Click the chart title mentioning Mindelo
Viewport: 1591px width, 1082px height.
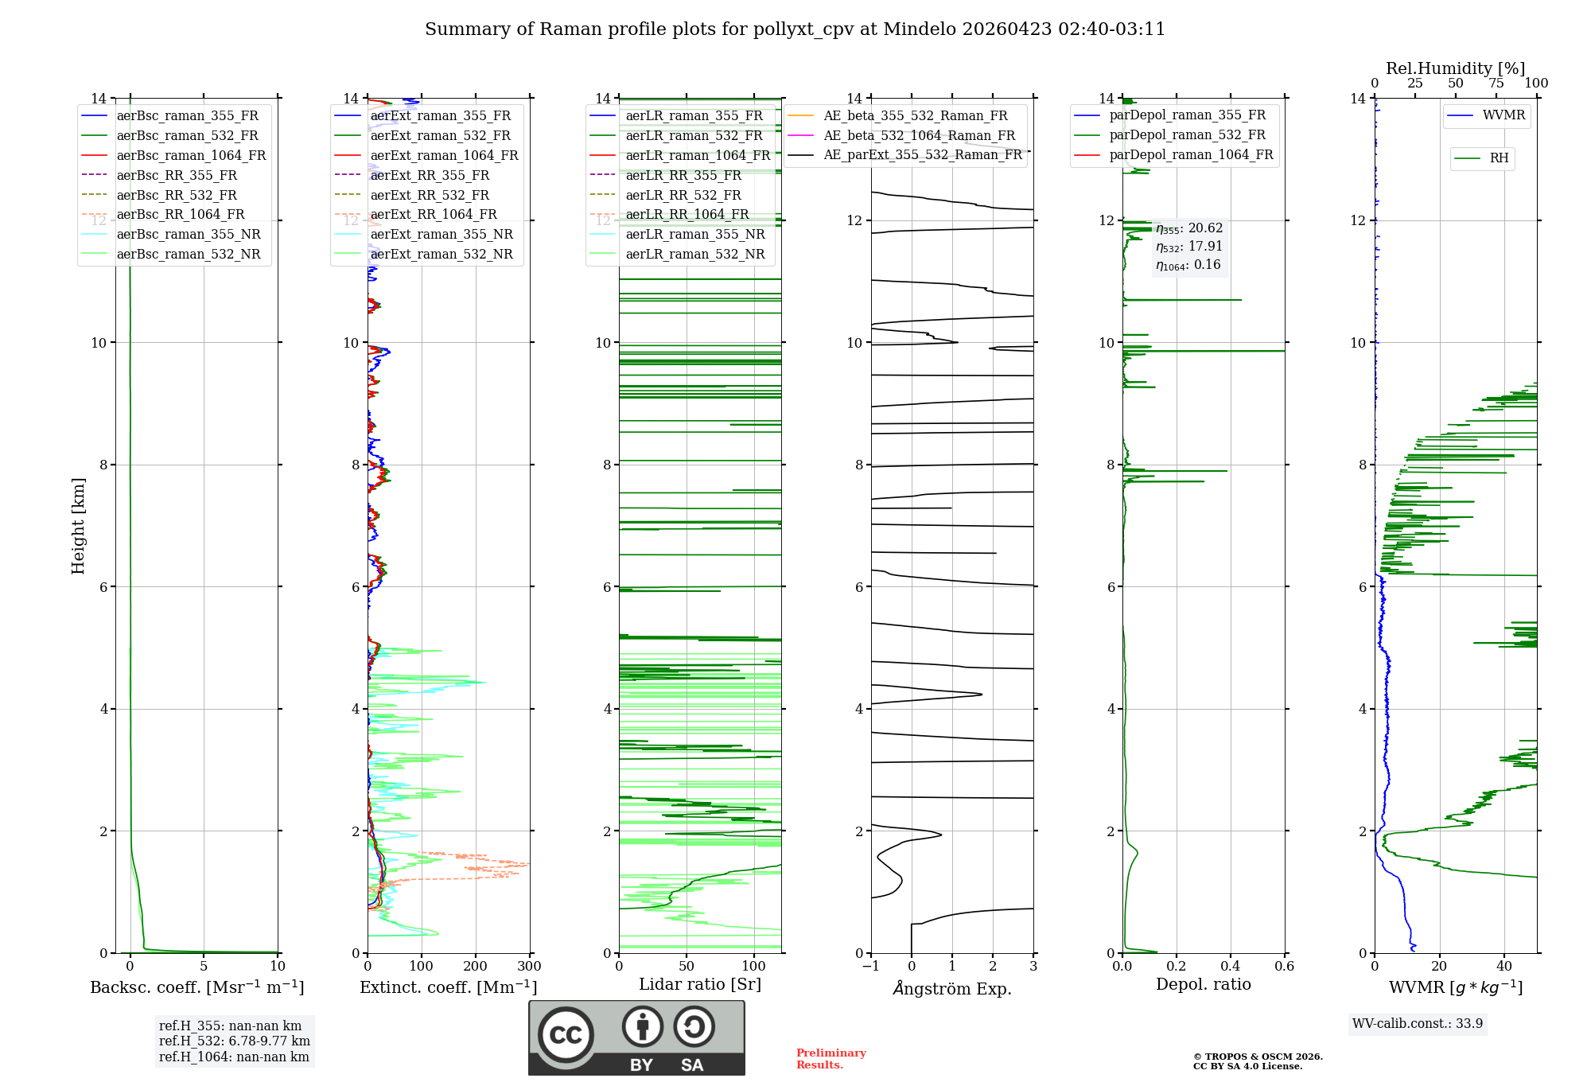click(795, 29)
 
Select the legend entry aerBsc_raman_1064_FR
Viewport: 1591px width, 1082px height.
click(191, 155)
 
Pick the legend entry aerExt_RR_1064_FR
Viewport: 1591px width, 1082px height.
click(434, 214)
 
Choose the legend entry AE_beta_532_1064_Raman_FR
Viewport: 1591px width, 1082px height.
click(919, 135)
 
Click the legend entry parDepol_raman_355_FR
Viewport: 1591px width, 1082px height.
click(1187, 115)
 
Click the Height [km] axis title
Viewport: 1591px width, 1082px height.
click(78, 525)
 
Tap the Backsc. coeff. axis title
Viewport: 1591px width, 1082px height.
click(196, 987)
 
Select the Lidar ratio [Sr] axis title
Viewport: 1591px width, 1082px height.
click(700, 984)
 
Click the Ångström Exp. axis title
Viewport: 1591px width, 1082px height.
click(952, 989)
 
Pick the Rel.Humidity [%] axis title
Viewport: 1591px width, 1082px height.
click(1455, 68)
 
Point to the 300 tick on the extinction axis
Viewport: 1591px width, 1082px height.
click(529, 967)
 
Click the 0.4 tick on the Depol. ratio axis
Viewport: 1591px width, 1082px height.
click(1231, 967)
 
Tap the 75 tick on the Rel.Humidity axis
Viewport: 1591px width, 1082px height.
click(1496, 84)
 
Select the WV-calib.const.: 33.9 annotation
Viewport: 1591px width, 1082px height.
click(1418, 1024)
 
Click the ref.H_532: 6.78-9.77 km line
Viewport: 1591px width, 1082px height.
click(235, 1041)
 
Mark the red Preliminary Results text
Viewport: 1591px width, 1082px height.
click(831, 1059)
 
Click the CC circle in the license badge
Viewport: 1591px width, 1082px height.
click(566, 1034)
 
